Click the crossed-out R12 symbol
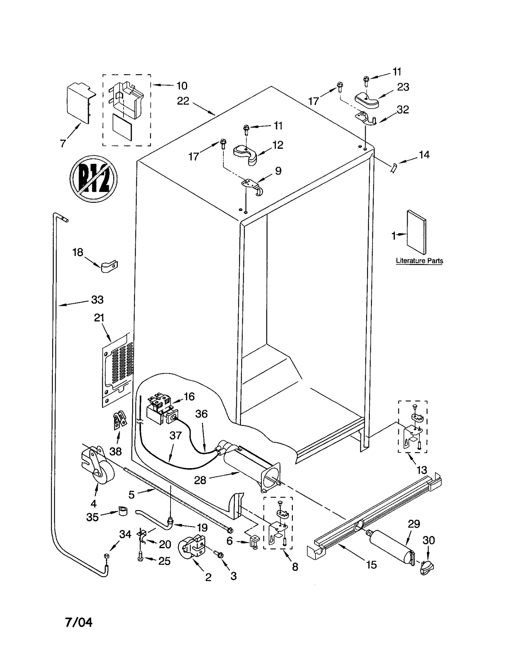(93, 179)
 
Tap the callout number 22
(183, 101)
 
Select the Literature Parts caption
(419, 261)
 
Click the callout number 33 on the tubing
(97, 300)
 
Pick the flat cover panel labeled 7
(78, 103)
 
